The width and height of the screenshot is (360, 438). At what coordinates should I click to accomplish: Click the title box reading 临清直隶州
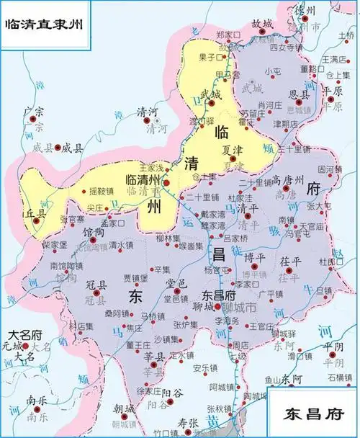[x=44, y=24]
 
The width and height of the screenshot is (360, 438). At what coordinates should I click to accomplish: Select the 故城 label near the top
[x=262, y=23]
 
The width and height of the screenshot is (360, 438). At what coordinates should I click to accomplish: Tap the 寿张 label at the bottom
[x=188, y=423]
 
